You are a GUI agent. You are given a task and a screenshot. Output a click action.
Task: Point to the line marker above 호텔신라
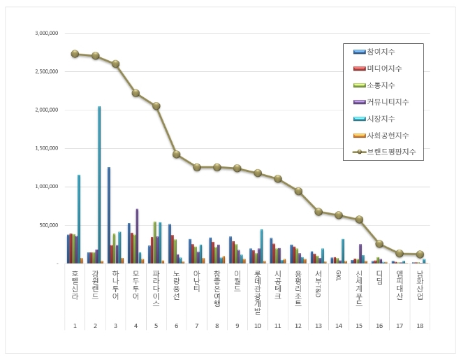coord(75,53)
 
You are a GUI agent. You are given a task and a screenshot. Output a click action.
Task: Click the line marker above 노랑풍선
coord(176,154)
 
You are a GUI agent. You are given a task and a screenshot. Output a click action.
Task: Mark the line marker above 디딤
coord(379,243)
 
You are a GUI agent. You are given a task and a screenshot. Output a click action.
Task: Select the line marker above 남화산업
coord(420,254)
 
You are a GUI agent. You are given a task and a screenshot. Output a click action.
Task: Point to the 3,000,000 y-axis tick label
coord(46,33)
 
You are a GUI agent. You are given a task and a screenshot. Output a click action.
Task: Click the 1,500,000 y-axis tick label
coord(46,148)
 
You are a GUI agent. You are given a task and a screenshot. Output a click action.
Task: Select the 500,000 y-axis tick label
coord(49,225)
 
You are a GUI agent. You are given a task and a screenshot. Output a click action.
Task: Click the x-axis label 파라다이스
coord(156,289)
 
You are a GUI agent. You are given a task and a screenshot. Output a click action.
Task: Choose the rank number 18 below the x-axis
coord(420,326)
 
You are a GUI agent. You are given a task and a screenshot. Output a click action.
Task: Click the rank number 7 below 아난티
coord(196,326)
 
